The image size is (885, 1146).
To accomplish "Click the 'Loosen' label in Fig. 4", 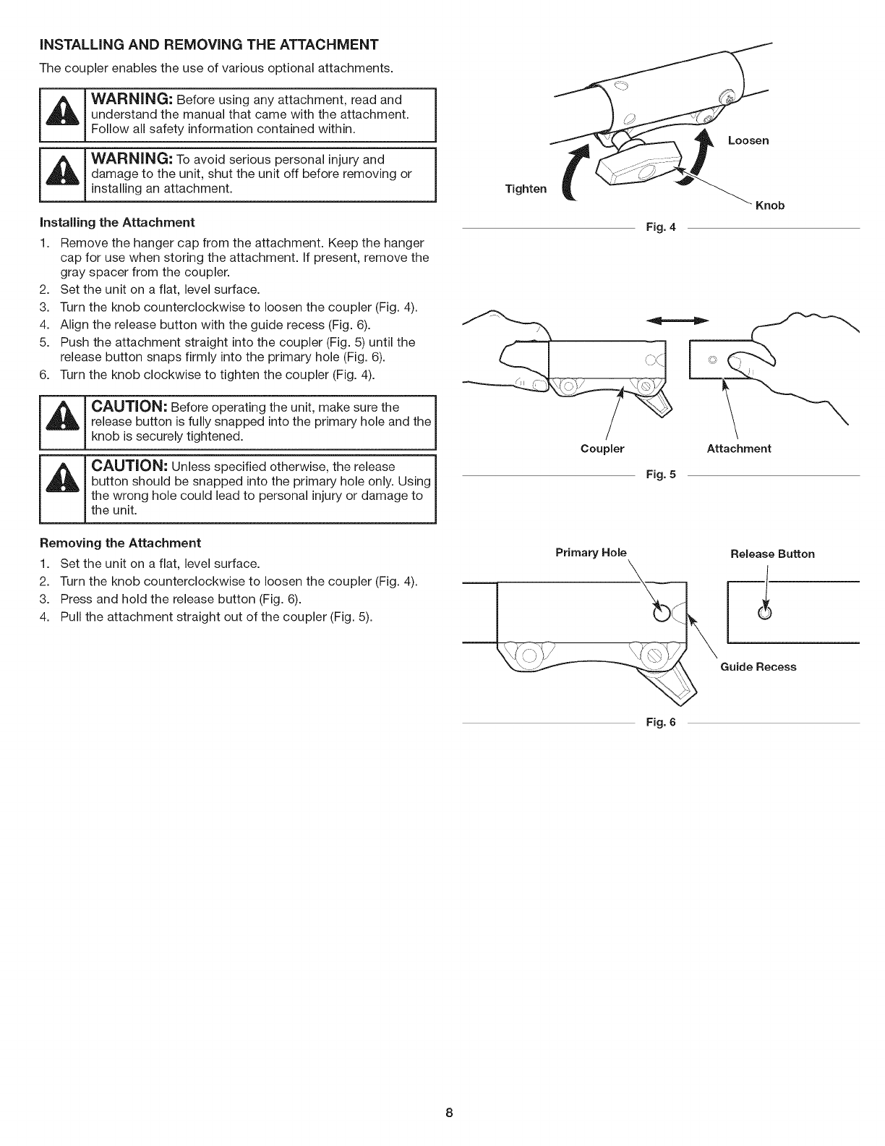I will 748,140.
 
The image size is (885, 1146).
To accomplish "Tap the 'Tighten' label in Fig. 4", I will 526,189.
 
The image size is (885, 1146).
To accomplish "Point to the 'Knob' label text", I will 769,205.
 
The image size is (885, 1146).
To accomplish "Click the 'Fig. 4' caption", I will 661,228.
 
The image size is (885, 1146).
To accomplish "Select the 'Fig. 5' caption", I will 661,475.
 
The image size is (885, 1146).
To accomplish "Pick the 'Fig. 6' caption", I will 661,722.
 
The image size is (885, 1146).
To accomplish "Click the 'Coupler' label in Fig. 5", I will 602,449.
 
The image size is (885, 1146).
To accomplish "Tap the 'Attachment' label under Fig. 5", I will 738,449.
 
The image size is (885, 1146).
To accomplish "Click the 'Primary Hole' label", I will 590,553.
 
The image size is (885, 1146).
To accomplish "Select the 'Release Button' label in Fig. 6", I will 772,554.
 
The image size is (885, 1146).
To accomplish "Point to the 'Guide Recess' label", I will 758,667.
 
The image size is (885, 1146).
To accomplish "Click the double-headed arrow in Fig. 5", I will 676,320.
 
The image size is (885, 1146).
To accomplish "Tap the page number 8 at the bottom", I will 448,1113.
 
